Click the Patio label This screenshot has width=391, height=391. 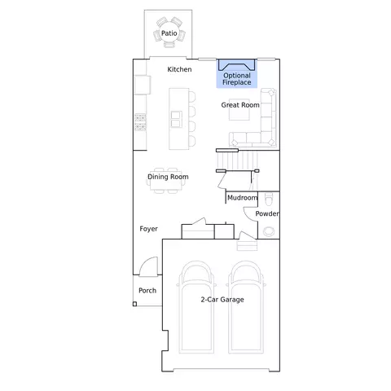169,33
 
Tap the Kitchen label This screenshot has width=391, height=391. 179,69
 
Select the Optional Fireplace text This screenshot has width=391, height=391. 237,79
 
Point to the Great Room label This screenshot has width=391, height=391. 240,105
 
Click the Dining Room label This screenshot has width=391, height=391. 168,177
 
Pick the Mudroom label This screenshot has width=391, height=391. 242,198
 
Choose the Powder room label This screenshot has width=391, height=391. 267,213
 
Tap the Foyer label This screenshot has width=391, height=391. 148,229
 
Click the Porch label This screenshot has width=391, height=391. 147,291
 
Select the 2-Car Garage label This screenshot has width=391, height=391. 222,300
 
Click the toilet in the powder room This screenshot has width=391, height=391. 268,200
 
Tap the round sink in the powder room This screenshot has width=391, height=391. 269,231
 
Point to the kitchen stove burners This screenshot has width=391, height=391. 140,122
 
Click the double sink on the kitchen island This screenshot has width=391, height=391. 176,119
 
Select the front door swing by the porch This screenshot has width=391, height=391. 148,266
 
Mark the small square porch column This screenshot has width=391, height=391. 134,304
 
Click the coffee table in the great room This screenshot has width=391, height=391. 239,109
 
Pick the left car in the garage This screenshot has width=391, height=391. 196,307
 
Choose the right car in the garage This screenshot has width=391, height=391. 246,307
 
